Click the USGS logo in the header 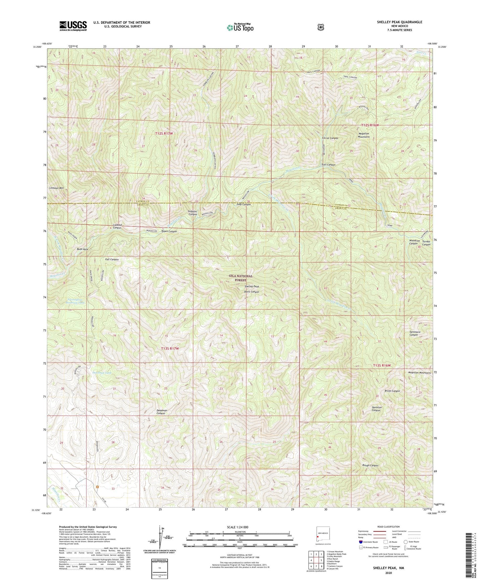(x=73, y=26)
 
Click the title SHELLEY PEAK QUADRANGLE (x=399, y=22)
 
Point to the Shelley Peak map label (x=252, y=286)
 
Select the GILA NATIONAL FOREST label (x=240, y=278)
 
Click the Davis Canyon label (x=251, y=292)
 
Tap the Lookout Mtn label (x=56, y=188)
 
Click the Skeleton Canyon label (x=376, y=409)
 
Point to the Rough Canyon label (x=370, y=465)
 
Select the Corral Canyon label (x=330, y=138)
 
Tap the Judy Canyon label (x=244, y=204)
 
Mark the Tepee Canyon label (x=169, y=231)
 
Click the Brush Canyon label (x=390, y=391)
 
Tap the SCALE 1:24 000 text (x=239, y=527)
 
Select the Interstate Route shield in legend (x=360, y=542)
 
